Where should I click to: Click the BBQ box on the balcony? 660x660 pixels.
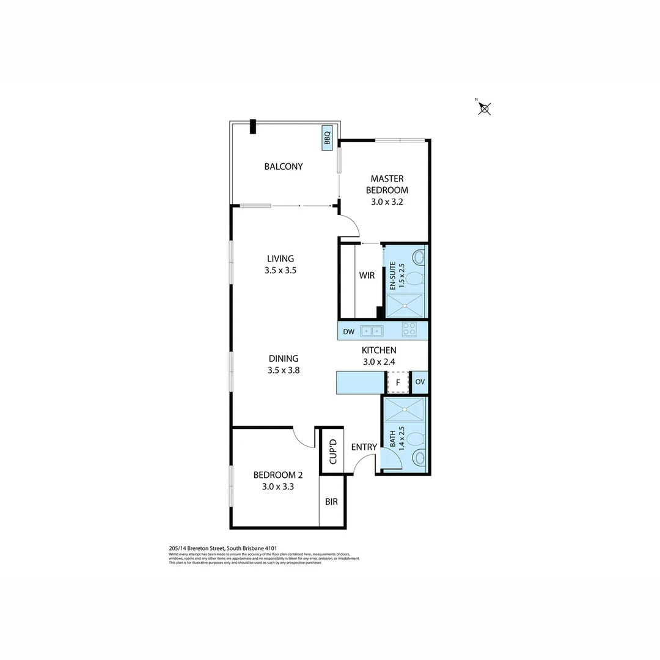click(x=327, y=139)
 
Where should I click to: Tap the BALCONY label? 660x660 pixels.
click(x=283, y=166)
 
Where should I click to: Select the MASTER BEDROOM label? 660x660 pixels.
click(x=387, y=184)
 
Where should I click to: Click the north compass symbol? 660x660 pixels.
click(x=484, y=109)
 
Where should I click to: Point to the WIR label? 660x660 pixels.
click(x=367, y=276)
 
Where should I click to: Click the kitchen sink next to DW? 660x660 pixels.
click(x=372, y=331)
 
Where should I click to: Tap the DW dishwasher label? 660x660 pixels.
click(x=348, y=332)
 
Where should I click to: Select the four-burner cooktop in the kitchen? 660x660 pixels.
click(x=409, y=331)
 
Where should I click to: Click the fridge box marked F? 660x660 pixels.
click(x=398, y=383)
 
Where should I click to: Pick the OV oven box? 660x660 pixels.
click(x=419, y=383)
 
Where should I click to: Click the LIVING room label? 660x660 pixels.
click(x=280, y=258)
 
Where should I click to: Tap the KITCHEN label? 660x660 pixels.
click(x=379, y=350)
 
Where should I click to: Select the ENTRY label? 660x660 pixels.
click(x=364, y=447)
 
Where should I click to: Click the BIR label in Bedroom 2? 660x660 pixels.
click(x=332, y=502)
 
